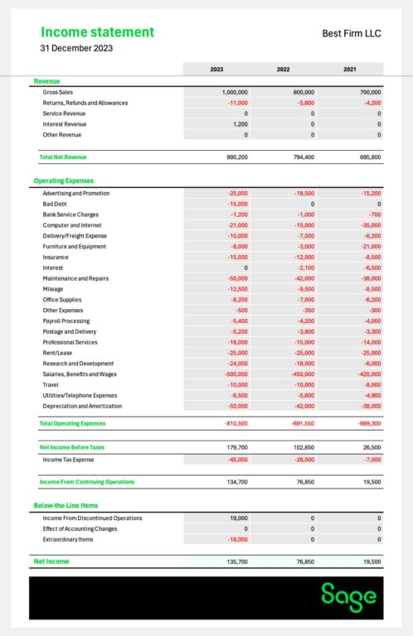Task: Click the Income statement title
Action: pyautogui.click(x=97, y=32)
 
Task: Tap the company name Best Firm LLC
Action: pyautogui.click(x=352, y=33)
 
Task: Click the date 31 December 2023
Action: pyautogui.click(x=76, y=48)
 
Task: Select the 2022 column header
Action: pyautogui.click(x=283, y=69)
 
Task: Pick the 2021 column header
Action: pyautogui.click(x=349, y=69)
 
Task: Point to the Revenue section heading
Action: pyautogui.click(x=46, y=81)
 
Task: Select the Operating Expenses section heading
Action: pyautogui.click(x=63, y=181)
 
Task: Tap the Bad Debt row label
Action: pyautogui.click(x=55, y=204)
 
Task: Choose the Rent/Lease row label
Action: pyautogui.click(x=58, y=353)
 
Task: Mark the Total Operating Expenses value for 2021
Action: pyautogui.click(x=366, y=423)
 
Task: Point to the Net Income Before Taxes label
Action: pyautogui.click(x=72, y=447)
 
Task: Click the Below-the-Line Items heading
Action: pyautogui.click(x=66, y=505)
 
